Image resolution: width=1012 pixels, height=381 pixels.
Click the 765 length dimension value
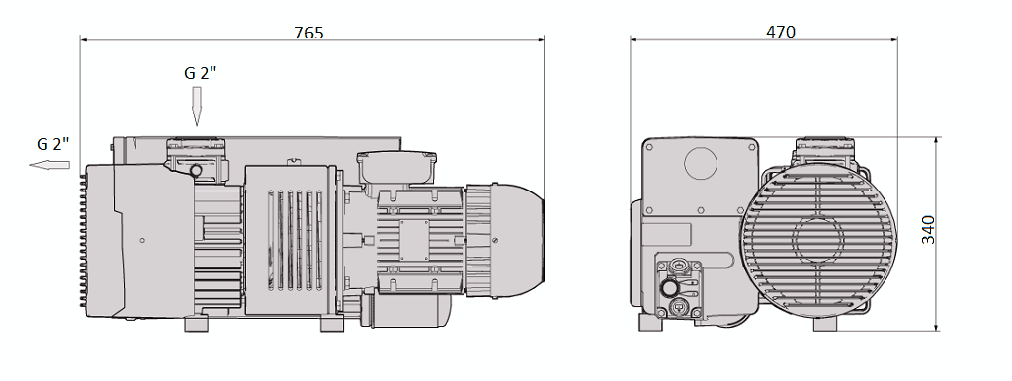pos(309,32)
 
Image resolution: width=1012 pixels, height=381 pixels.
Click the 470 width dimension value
pos(780,32)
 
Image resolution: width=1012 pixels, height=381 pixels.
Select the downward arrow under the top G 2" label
pos(196,107)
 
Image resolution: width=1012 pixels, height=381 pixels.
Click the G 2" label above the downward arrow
pos(201,73)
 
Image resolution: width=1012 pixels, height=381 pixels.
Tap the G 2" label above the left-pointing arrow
pos(53,144)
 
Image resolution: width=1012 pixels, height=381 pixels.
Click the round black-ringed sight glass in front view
pos(670,287)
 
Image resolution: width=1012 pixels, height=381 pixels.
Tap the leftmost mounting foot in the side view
pos(194,325)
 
